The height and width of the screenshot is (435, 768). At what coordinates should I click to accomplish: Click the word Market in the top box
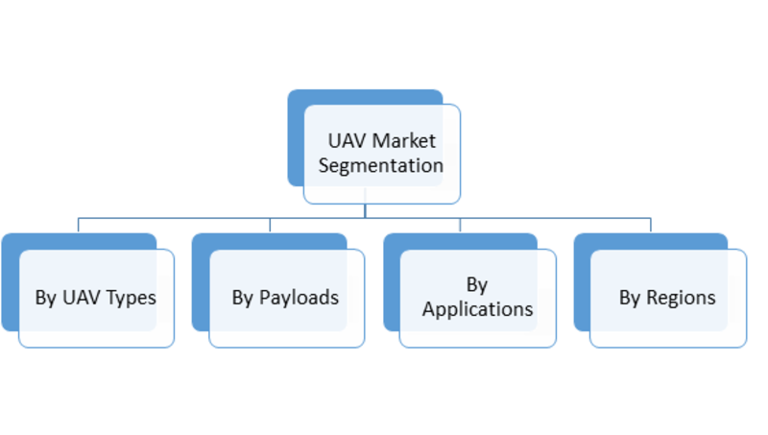[403, 141]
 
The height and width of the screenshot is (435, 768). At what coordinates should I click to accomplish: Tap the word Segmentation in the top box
[381, 166]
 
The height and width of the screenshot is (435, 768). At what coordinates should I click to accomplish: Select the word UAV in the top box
[348, 141]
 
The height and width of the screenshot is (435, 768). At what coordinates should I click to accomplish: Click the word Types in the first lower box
[131, 298]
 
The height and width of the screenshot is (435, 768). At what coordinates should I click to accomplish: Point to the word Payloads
[299, 298]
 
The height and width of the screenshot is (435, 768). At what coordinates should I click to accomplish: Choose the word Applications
[477, 309]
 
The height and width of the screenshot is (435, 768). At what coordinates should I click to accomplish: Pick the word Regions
[681, 298]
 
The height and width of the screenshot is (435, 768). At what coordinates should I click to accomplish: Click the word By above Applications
[477, 285]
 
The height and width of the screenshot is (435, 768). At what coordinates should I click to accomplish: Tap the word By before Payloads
[243, 298]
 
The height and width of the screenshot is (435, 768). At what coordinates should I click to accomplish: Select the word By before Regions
[630, 298]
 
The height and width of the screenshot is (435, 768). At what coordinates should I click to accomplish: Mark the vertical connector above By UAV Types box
[79, 225]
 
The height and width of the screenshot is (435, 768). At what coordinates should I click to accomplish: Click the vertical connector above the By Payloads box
[270, 225]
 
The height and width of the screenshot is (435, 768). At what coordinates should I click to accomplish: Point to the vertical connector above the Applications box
[460, 225]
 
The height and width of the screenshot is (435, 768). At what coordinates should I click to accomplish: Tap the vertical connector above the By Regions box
[651, 225]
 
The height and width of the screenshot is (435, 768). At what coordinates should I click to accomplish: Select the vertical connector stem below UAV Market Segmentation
[365, 210]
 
